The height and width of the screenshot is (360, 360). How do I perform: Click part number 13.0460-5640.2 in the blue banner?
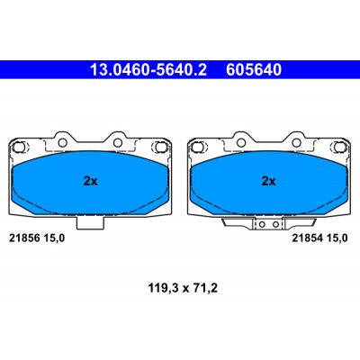point(148,70)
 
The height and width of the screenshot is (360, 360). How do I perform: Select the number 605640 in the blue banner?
point(254,70)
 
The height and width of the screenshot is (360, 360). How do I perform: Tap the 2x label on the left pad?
point(90,181)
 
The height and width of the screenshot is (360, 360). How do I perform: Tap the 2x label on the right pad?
point(268,181)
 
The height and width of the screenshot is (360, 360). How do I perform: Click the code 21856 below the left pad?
point(24,238)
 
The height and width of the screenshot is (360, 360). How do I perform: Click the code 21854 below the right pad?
point(308,238)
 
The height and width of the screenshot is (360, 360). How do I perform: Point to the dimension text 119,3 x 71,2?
point(183,289)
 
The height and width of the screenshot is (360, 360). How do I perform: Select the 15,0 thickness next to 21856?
point(54,238)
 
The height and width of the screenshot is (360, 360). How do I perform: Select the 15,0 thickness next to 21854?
point(337,238)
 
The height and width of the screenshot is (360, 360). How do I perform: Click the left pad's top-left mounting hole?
point(62,143)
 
